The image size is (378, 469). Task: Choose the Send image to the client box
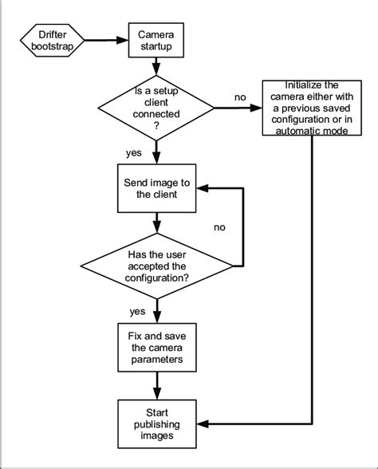tap(157, 188)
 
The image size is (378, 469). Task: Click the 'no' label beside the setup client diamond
tap(239, 97)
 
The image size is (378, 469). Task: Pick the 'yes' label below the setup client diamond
tap(134, 152)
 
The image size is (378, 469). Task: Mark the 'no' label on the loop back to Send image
tap(221, 227)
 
